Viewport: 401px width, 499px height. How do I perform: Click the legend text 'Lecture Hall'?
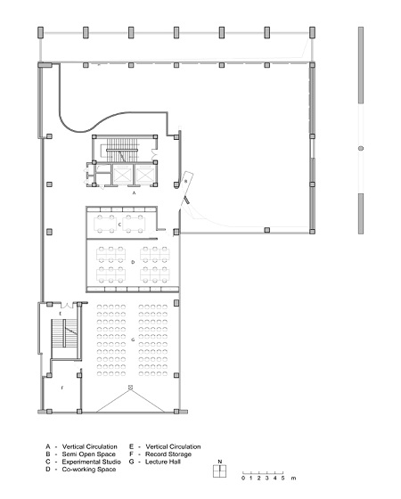(x=163, y=462)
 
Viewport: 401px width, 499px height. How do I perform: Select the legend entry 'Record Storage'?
(x=168, y=454)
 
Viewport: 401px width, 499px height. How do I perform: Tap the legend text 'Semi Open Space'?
(x=89, y=454)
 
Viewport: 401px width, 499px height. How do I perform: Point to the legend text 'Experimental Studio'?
(x=91, y=462)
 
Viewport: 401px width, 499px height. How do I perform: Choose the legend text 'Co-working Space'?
(x=89, y=470)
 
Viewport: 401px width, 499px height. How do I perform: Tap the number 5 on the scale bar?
(x=282, y=478)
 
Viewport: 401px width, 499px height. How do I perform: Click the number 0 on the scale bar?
(x=243, y=478)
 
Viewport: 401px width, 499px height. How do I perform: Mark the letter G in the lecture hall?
(x=133, y=339)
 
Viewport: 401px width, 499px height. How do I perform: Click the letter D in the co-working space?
(x=133, y=262)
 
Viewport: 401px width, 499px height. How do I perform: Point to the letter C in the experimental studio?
(x=119, y=225)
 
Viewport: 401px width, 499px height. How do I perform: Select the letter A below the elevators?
(x=134, y=192)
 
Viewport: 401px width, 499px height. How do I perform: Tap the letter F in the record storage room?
(x=62, y=388)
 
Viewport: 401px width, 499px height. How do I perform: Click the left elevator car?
(x=123, y=175)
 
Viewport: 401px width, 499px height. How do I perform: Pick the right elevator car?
(x=145, y=175)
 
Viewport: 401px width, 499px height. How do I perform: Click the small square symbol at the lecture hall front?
(x=130, y=388)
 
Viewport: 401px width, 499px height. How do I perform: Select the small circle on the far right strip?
(x=361, y=148)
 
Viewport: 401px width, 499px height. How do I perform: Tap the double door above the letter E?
(x=67, y=305)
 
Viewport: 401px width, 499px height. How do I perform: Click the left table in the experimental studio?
(x=105, y=224)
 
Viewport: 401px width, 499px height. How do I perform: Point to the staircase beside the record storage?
(x=64, y=333)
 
